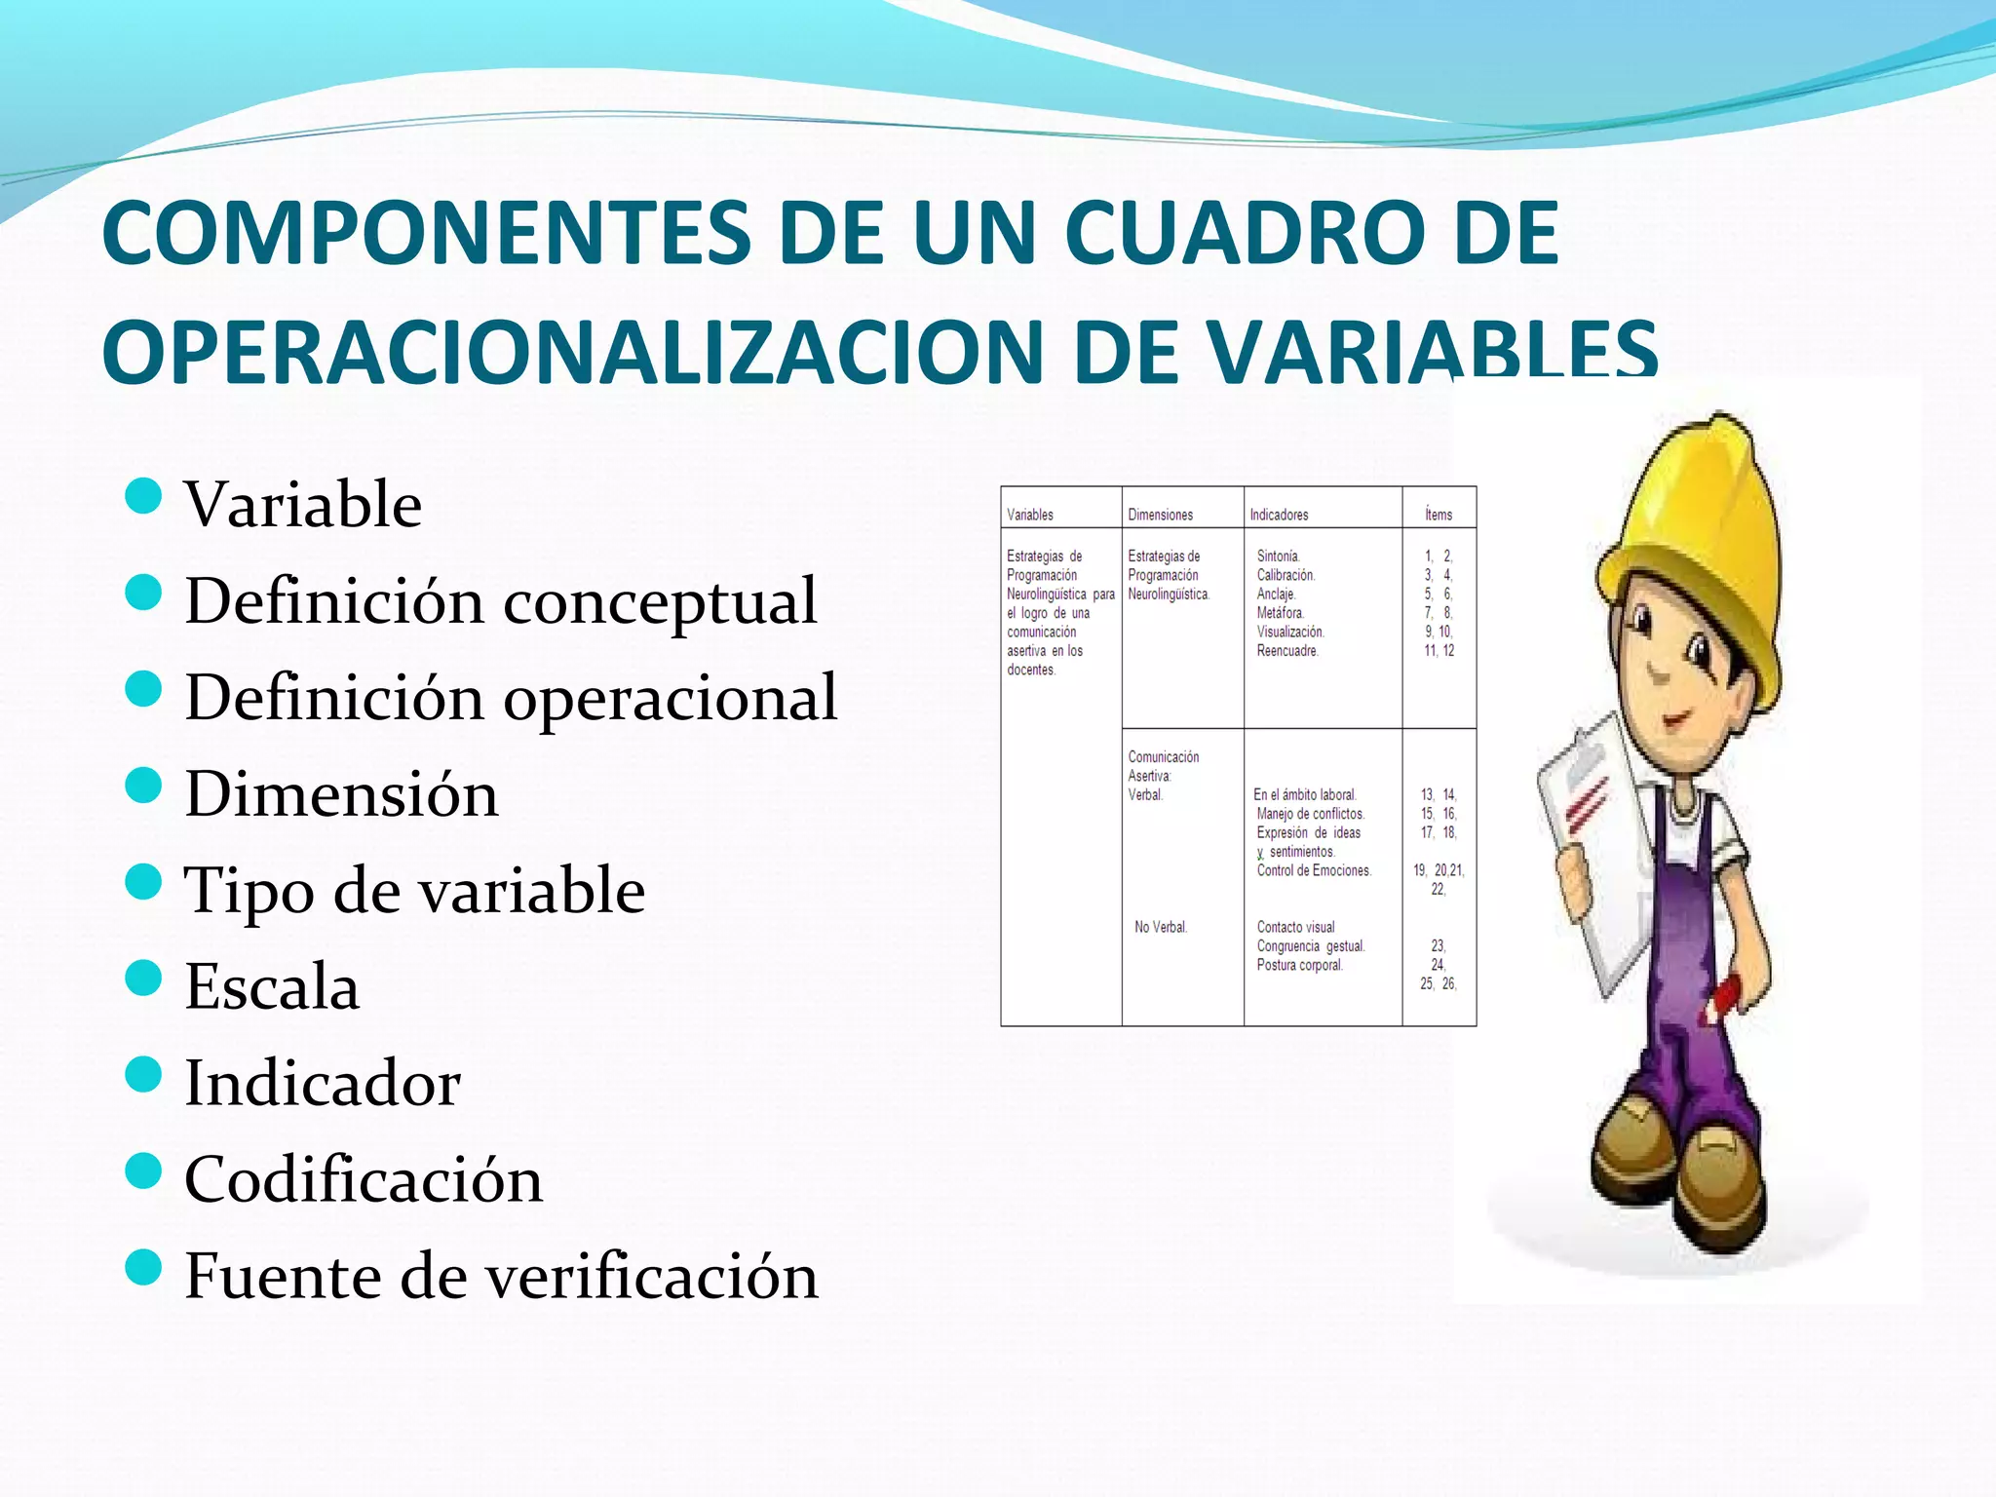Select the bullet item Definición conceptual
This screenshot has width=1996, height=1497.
click(x=500, y=600)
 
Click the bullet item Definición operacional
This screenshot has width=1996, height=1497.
click(x=511, y=697)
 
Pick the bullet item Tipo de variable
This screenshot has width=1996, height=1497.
click(x=414, y=890)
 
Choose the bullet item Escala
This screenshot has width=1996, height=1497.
click(x=272, y=986)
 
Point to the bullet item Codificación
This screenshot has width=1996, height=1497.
click(x=363, y=1179)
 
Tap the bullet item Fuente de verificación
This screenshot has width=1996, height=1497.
click(x=501, y=1276)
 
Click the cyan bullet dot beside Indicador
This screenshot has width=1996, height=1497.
click(x=143, y=1075)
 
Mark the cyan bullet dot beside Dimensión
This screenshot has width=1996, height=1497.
click(x=143, y=786)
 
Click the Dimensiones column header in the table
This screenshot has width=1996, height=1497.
click(x=1160, y=515)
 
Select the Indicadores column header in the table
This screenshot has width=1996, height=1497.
click(x=1279, y=515)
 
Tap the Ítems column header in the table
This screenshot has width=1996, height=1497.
click(x=1438, y=515)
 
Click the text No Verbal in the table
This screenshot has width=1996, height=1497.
click(x=1160, y=927)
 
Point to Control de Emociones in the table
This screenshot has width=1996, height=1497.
click(x=1313, y=870)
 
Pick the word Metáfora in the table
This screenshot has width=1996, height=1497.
click(x=1280, y=613)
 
